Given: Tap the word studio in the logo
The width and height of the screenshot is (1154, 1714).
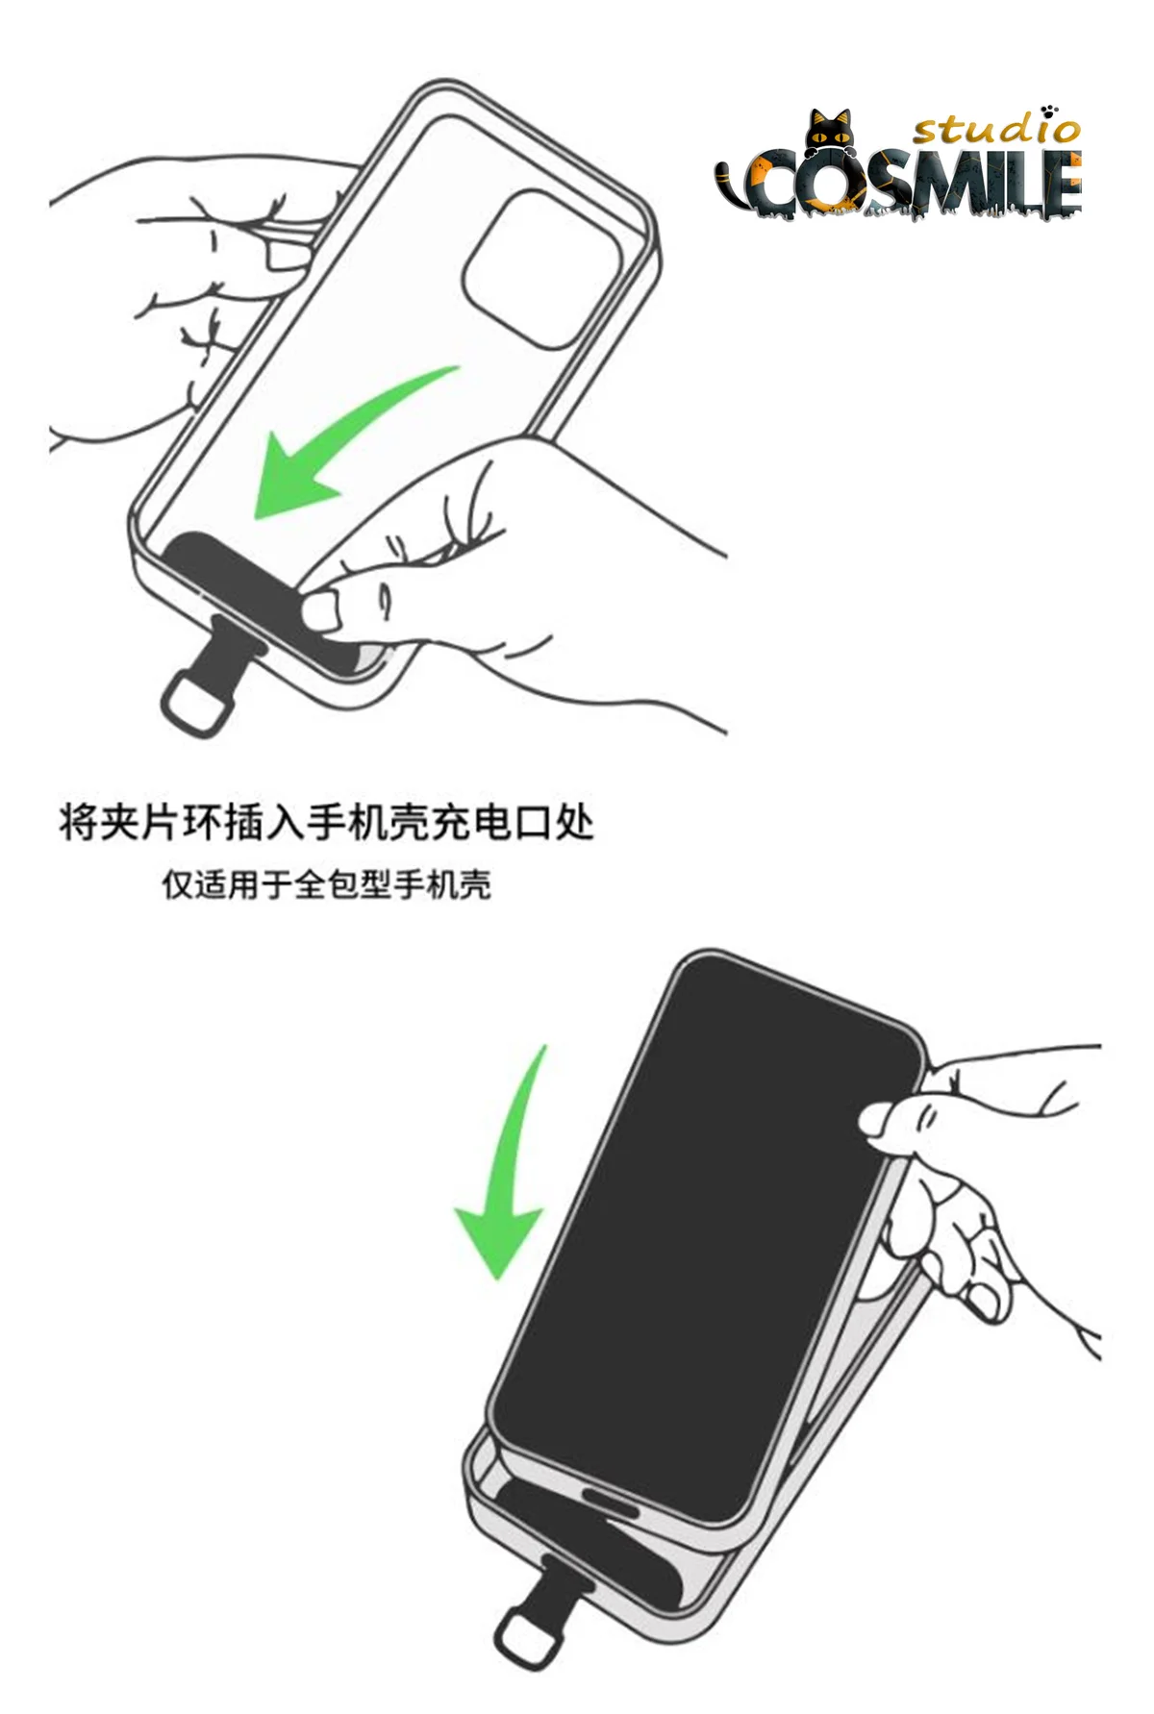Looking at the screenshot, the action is [x=996, y=128].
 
